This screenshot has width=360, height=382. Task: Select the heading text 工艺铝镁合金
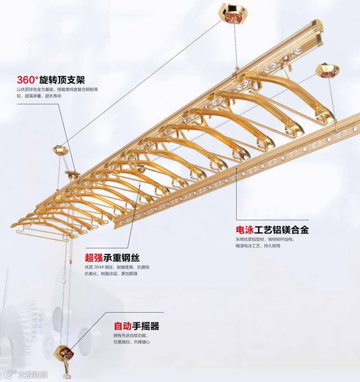point(281,230)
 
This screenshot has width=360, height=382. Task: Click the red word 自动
point(123,326)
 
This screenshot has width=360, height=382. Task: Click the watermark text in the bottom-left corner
point(26,373)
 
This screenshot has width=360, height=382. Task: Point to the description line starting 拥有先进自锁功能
point(132,336)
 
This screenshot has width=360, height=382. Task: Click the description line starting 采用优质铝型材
point(264,239)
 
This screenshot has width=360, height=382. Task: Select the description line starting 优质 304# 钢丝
point(111,267)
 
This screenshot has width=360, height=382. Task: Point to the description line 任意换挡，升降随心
point(132,342)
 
